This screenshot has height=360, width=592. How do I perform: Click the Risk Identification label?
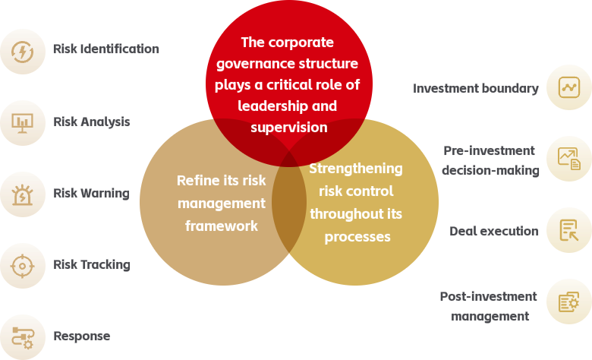click(106, 49)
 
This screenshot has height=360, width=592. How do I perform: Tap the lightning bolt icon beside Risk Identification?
click(22, 52)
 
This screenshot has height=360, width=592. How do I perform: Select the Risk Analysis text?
click(92, 122)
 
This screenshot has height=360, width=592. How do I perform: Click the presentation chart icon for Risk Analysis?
click(22, 123)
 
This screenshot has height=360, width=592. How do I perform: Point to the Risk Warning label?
click(91, 194)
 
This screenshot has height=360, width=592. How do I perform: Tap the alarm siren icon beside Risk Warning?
click(22, 194)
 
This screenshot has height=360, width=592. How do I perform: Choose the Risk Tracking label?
click(92, 265)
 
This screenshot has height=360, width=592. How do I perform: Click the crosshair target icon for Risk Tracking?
click(22, 266)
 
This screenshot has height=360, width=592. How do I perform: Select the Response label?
click(82, 336)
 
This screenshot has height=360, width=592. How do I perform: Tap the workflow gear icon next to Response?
click(23, 338)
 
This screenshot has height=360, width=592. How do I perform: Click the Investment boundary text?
click(476, 88)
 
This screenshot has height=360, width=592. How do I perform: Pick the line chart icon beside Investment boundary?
click(569, 87)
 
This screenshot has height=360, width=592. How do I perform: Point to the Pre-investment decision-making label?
click(490, 160)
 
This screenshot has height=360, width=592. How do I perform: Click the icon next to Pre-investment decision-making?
click(569, 159)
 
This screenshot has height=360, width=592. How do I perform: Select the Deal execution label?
click(494, 231)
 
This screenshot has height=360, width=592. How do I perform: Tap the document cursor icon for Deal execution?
click(569, 230)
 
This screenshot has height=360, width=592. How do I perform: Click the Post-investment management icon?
click(569, 302)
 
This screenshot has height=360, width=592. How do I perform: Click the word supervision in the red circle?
click(289, 128)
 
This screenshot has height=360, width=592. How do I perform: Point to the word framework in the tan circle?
click(222, 226)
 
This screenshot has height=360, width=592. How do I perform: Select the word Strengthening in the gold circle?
click(356, 169)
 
